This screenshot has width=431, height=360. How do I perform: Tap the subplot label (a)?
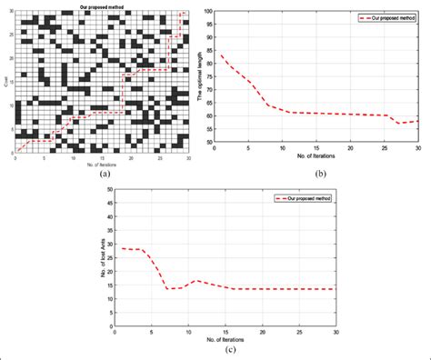coord(105,173)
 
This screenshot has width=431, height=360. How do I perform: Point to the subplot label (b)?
coord(319,173)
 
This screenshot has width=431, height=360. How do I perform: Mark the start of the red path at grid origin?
coord(15,150)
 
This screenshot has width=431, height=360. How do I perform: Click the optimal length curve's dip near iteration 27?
coord(397,123)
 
